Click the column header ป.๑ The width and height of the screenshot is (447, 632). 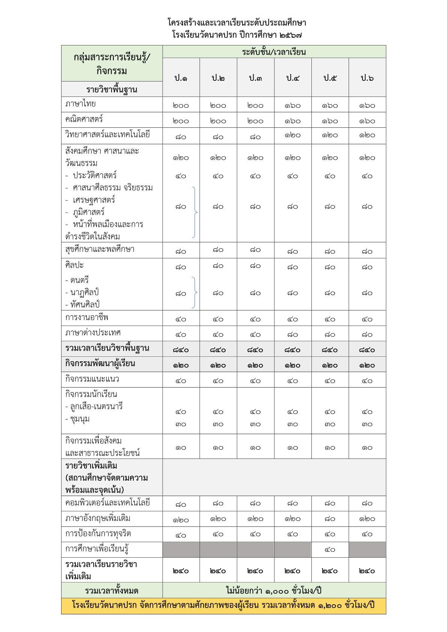[181, 78]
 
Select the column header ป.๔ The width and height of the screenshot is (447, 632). [293, 78]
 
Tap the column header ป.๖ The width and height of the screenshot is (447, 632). [367, 78]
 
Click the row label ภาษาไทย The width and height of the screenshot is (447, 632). [80, 104]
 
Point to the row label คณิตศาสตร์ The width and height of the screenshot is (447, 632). [84, 119]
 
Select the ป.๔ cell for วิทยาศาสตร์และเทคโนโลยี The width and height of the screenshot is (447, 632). [293, 135]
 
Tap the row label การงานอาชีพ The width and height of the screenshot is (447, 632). [87, 318]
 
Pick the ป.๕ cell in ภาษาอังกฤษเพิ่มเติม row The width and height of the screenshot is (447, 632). [330, 519]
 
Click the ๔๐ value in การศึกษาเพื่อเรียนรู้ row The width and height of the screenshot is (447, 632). [330, 550]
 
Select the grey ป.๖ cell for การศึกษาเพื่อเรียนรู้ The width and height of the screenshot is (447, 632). [367, 549]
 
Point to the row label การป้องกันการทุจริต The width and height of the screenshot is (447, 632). [98, 534]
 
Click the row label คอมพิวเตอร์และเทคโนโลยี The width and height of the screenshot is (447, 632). [107, 503]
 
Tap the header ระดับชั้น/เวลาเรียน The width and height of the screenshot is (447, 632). [274, 52]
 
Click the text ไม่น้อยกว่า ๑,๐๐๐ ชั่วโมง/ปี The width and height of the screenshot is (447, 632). [274, 590]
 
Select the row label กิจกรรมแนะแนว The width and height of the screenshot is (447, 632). [92, 379]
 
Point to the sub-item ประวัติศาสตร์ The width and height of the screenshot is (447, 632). [95, 175]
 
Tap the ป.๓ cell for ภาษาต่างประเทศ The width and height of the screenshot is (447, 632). [255, 334]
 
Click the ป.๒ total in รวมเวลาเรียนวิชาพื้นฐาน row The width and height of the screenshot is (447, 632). [218, 350]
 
